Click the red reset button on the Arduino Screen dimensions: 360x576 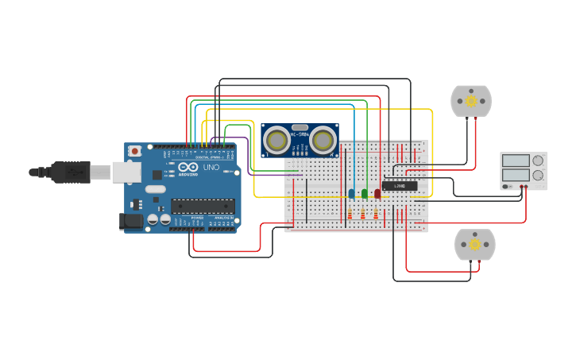click(x=135, y=150)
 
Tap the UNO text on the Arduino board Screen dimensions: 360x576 click(x=211, y=168)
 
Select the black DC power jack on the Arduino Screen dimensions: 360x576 click(x=130, y=222)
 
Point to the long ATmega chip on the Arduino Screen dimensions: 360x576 click(x=203, y=206)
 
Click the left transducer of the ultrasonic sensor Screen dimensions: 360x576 click(x=276, y=140)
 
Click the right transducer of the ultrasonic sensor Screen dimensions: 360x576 click(x=323, y=140)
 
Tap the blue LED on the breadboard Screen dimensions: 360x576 click(x=351, y=193)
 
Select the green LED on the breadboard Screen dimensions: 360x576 click(x=364, y=193)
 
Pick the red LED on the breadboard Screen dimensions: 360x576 click(x=377, y=193)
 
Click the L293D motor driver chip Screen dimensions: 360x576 click(x=400, y=186)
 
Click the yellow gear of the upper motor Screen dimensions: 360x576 click(x=471, y=101)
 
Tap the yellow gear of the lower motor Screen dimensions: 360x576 click(x=475, y=245)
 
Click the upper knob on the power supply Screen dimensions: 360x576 click(x=538, y=160)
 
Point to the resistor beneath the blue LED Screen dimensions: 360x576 click(x=350, y=214)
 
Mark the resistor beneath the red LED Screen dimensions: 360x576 click(x=376, y=214)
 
